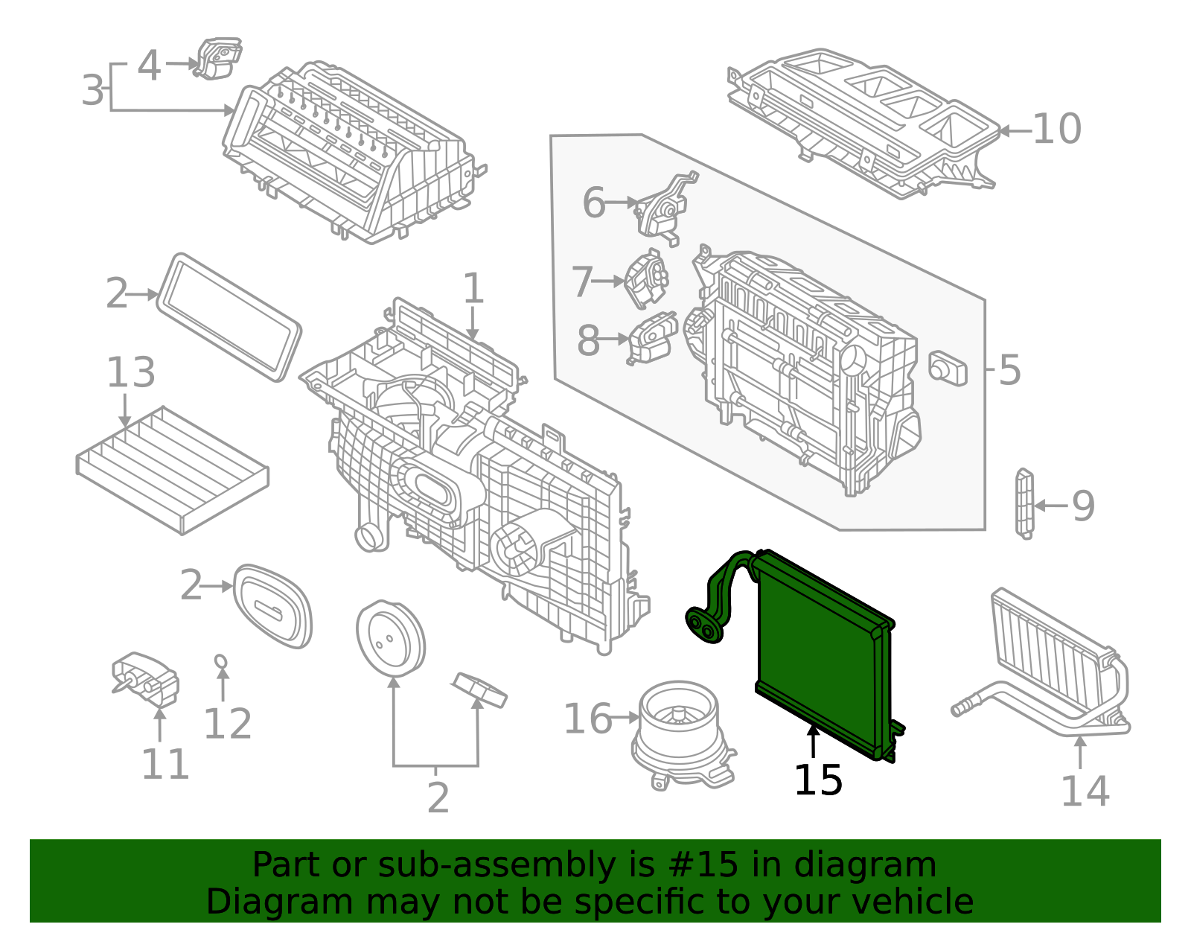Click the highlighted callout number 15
(x=817, y=780)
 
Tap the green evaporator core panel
(x=819, y=655)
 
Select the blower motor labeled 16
(x=681, y=733)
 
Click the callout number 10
(x=1056, y=130)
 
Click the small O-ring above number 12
(x=220, y=660)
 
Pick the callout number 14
(x=1084, y=791)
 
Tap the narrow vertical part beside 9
(x=1024, y=502)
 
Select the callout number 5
(x=1009, y=369)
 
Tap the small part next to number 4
(x=217, y=59)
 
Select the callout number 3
(x=93, y=91)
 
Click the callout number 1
(x=473, y=289)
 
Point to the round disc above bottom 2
(x=390, y=639)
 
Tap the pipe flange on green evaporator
(x=703, y=625)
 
